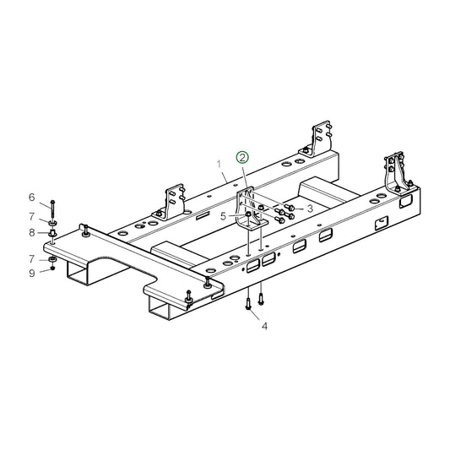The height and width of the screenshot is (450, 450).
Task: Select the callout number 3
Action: [x=310, y=207]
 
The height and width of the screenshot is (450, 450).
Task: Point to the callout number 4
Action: [x=263, y=326]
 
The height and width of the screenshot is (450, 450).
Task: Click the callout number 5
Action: [x=223, y=215]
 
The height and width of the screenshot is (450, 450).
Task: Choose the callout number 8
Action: [x=32, y=231]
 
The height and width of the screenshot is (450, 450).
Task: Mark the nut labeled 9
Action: [x=52, y=269]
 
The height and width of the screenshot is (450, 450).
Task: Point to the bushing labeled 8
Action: [x=52, y=232]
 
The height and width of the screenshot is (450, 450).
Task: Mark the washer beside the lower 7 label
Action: [x=52, y=258]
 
